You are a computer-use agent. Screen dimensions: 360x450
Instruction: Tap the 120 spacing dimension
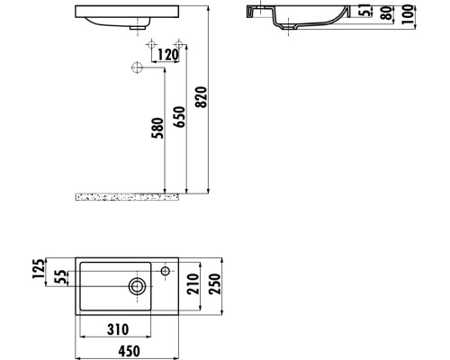[x=166, y=55]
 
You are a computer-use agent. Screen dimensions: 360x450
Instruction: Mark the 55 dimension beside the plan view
[x=61, y=278]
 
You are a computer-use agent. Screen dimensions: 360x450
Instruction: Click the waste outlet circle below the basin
[x=137, y=67]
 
